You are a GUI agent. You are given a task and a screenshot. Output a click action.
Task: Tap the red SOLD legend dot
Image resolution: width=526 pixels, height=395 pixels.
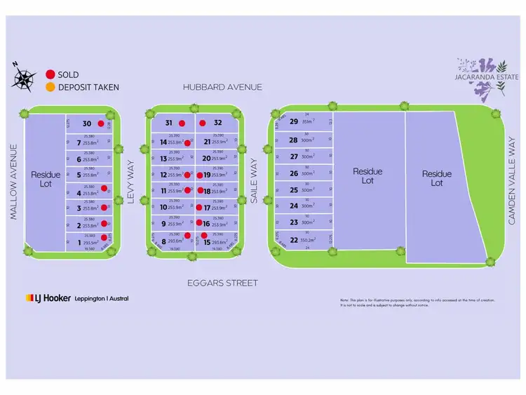(x=50, y=74)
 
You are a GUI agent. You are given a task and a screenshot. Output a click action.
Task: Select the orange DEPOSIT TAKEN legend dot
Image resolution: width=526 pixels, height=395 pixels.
(x=50, y=88)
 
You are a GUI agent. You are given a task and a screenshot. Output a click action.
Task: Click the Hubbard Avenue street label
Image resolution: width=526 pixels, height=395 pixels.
(x=222, y=87)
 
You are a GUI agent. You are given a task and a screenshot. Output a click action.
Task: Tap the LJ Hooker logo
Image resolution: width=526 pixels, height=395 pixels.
(x=77, y=298)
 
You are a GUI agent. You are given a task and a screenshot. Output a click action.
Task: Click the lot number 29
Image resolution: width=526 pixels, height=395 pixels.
(x=294, y=121)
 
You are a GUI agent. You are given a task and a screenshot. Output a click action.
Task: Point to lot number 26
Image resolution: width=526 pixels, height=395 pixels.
(x=294, y=173)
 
